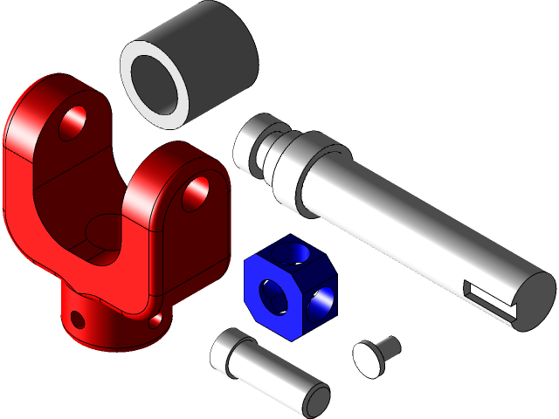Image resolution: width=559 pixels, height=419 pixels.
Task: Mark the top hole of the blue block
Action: [298, 254]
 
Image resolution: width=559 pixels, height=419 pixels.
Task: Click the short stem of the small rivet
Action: [389, 346]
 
